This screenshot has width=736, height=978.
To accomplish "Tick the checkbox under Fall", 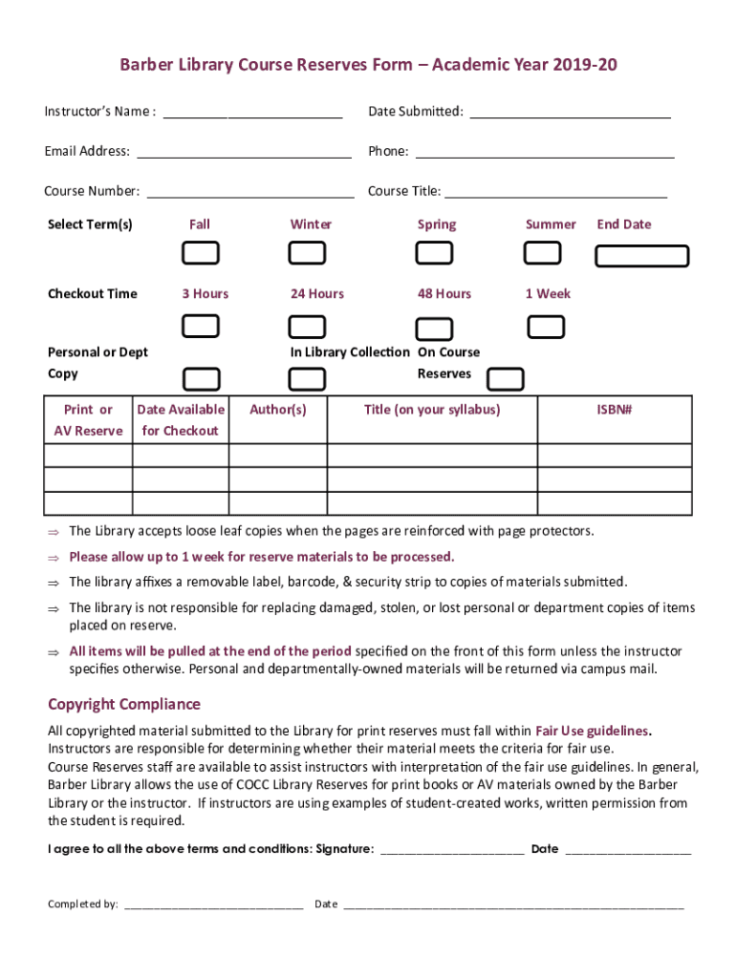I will pos(201,253).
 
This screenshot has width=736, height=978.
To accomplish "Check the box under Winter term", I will pos(307,253).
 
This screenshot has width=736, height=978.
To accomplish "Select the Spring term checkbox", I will pos(435,253).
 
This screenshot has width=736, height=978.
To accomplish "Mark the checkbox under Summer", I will pos(543,253).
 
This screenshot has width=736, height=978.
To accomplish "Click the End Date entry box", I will pos(641,256).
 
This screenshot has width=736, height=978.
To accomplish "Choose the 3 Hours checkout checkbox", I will pos(201,327).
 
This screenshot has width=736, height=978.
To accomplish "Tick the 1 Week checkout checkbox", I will pos(547,327).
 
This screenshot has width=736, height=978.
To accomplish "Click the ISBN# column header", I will pos(615,410).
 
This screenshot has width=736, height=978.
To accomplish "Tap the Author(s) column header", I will pos(278,410).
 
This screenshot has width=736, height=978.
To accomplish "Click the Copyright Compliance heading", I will pos(124,705).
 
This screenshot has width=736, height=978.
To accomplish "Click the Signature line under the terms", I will pos(451,850).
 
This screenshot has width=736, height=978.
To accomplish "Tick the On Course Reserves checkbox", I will pos(505,379).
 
